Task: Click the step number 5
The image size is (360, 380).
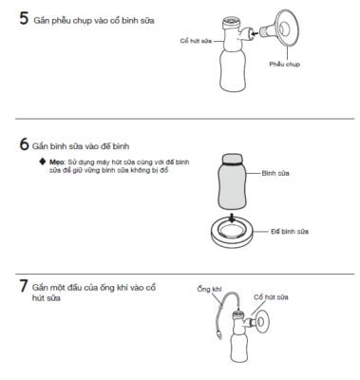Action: (x=24, y=18)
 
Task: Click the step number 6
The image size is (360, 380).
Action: (x=24, y=144)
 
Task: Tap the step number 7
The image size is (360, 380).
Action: (x=24, y=286)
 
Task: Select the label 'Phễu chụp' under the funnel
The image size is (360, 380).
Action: (x=284, y=65)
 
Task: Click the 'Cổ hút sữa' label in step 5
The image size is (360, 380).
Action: (x=196, y=41)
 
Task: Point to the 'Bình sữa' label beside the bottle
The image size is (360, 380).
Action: (x=275, y=173)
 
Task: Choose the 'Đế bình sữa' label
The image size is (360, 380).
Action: (x=290, y=232)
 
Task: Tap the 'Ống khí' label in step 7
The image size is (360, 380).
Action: (x=209, y=289)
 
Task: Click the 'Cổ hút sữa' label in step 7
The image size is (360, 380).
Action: (x=271, y=297)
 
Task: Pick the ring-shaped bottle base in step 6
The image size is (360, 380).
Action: (x=232, y=234)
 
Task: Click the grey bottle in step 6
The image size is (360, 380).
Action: (x=233, y=181)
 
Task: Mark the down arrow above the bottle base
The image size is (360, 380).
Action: (x=233, y=218)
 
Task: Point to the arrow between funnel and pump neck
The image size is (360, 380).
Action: (x=254, y=32)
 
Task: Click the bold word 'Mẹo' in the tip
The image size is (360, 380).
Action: (x=56, y=162)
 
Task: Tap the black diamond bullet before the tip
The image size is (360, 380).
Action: (x=43, y=161)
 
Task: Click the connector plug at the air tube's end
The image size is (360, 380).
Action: (x=218, y=334)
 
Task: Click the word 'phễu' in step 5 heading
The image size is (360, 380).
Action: (x=62, y=21)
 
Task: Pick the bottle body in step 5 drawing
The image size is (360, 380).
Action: (x=233, y=72)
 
